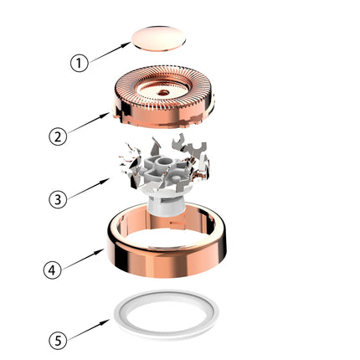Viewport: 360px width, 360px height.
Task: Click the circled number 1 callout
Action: (79, 63)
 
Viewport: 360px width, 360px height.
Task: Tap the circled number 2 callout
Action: (58, 136)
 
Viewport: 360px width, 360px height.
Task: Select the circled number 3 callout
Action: (58, 199)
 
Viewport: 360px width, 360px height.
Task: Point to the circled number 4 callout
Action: (52, 270)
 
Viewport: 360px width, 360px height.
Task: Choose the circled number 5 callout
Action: (58, 341)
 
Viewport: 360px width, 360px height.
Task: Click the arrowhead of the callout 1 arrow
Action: (127, 44)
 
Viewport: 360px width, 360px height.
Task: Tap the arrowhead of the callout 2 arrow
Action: (106, 115)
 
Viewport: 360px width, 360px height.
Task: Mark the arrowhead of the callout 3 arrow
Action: (106, 181)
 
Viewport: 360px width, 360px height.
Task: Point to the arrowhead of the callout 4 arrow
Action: (100, 251)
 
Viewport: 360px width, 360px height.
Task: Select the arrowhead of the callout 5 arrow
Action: (106, 322)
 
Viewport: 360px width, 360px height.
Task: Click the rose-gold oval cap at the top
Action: (158, 39)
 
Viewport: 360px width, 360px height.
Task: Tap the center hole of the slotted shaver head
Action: (163, 92)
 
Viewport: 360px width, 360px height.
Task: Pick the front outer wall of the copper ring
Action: (167, 262)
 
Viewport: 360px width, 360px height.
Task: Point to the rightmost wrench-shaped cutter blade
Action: (197, 148)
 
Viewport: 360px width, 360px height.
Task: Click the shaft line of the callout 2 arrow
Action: (85, 125)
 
